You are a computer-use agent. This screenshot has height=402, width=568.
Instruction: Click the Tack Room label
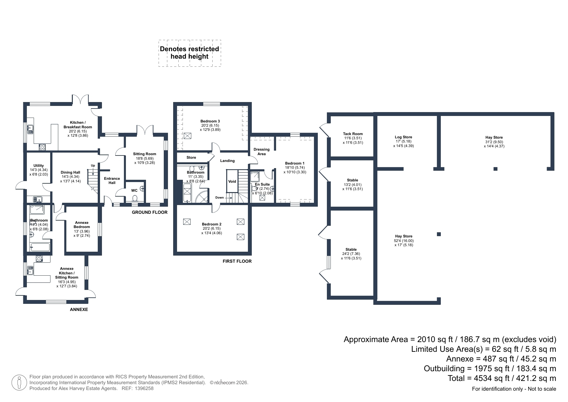(x=353, y=134)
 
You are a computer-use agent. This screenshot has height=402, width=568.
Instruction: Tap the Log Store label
(x=403, y=137)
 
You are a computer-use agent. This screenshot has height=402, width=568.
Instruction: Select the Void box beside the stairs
(x=232, y=181)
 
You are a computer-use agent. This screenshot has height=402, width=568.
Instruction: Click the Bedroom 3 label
(x=210, y=121)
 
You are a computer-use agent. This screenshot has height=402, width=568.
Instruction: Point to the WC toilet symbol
(x=135, y=198)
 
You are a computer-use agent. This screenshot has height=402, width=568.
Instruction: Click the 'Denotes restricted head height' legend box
(x=190, y=53)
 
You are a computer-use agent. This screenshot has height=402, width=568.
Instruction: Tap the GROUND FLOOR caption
(x=150, y=212)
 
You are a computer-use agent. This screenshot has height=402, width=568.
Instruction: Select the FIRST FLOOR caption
(x=237, y=261)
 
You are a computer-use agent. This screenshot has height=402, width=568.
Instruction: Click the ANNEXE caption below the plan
(x=79, y=309)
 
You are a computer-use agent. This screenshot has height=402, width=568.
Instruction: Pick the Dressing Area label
(x=262, y=152)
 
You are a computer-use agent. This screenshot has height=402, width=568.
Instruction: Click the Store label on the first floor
(x=191, y=157)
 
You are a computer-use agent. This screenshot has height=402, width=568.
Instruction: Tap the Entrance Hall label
(x=112, y=181)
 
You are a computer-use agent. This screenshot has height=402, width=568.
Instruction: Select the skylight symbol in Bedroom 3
(x=187, y=136)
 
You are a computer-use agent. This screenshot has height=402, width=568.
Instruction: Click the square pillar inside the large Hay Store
(x=439, y=234)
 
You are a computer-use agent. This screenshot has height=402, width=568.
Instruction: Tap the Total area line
(x=502, y=378)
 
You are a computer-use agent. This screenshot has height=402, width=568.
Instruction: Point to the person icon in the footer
(x=19, y=383)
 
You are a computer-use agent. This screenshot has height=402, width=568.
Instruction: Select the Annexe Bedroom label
(x=82, y=225)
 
